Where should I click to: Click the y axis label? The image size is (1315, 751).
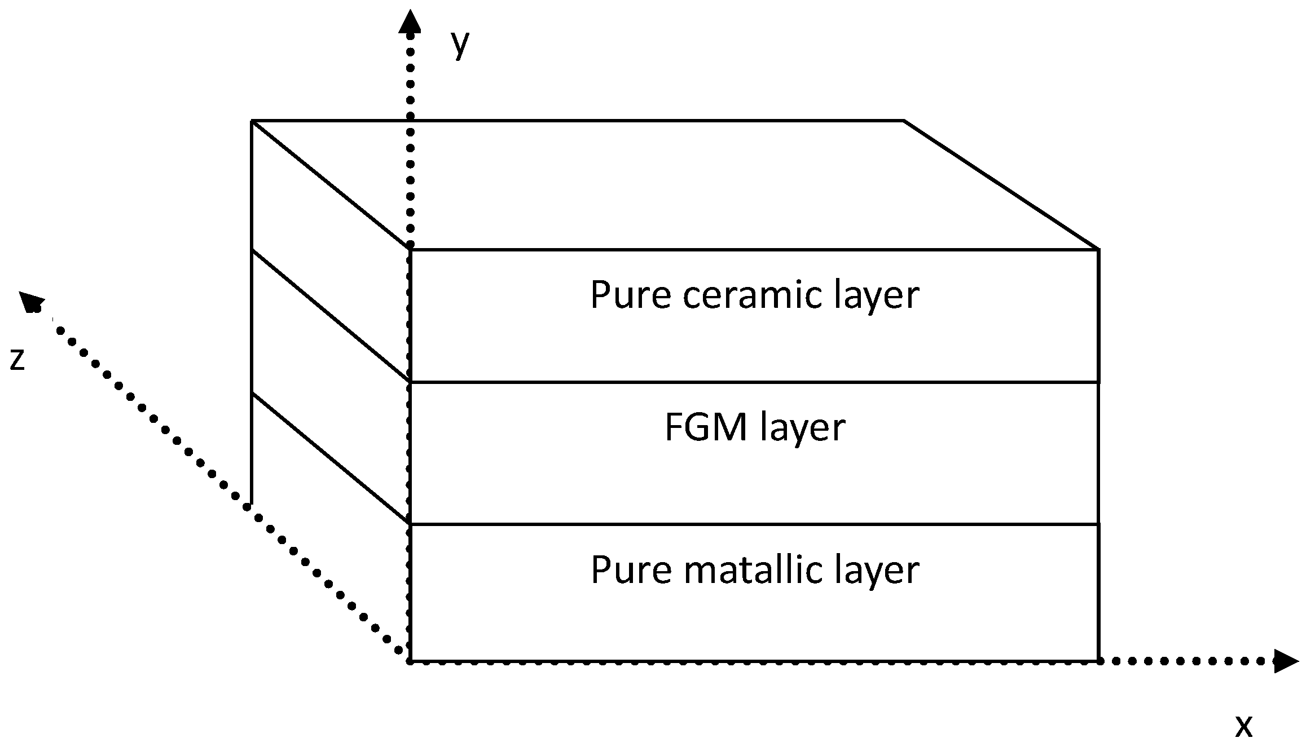(x=460, y=44)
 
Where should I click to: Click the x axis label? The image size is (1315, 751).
(x=1243, y=727)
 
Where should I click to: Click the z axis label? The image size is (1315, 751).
(x=17, y=359)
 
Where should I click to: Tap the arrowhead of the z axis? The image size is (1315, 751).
(x=30, y=302)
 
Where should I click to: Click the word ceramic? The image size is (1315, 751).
(x=753, y=295)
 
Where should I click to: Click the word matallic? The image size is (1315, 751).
(x=753, y=570)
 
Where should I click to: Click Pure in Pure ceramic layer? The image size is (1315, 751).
(x=631, y=295)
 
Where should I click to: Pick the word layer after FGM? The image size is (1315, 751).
(x=803, y=428)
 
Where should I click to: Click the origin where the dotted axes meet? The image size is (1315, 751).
(x=410, y=661)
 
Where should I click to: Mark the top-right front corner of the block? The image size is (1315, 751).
(x=1098, y=249)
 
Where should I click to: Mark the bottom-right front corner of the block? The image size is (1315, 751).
(x=1098, y=660)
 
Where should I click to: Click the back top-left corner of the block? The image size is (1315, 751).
(x=252, y=121)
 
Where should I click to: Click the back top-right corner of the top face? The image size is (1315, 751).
(x=904, y=121)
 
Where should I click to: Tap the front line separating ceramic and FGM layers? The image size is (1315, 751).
(x=754, y=382)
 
